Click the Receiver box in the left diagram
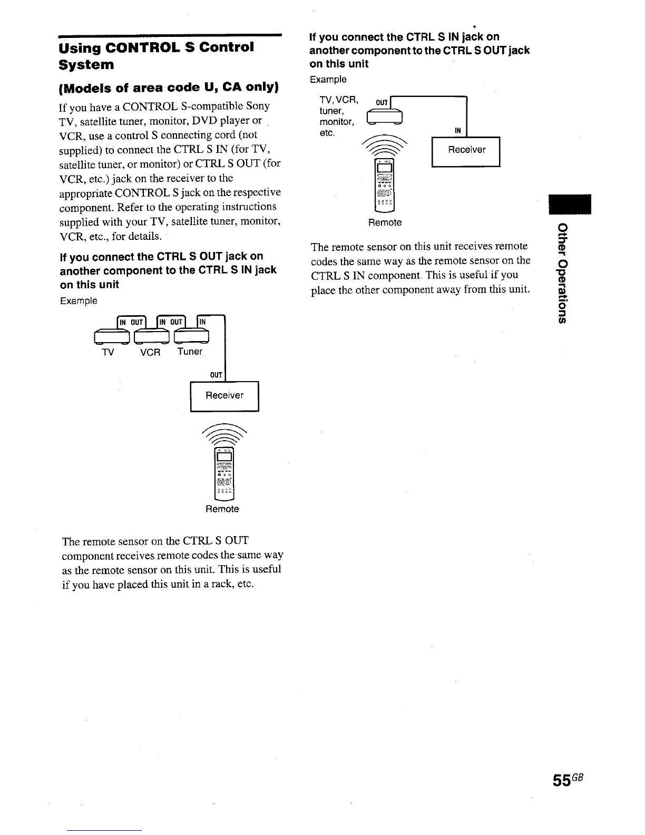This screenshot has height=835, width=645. pos(224,396)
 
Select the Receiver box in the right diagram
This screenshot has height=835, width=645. pos(466,150)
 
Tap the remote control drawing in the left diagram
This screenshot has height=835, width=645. pos(224,474)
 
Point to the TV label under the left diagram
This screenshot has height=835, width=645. pos(107,352)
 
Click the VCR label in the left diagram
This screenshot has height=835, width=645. pos(150,352)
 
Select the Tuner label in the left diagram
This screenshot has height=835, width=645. pos(190,352)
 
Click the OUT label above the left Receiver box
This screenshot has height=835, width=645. pos(216,375)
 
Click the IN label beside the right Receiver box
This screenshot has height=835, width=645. pos(458,130)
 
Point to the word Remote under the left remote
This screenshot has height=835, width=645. pos(222,509)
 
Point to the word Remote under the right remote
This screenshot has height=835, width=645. pos(385,222)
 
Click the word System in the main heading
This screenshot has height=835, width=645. pos(86,65)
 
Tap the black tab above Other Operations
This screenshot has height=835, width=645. pos(570,205)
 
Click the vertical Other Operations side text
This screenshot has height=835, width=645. pos(563,272)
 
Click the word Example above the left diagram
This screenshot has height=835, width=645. pos(79,301)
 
